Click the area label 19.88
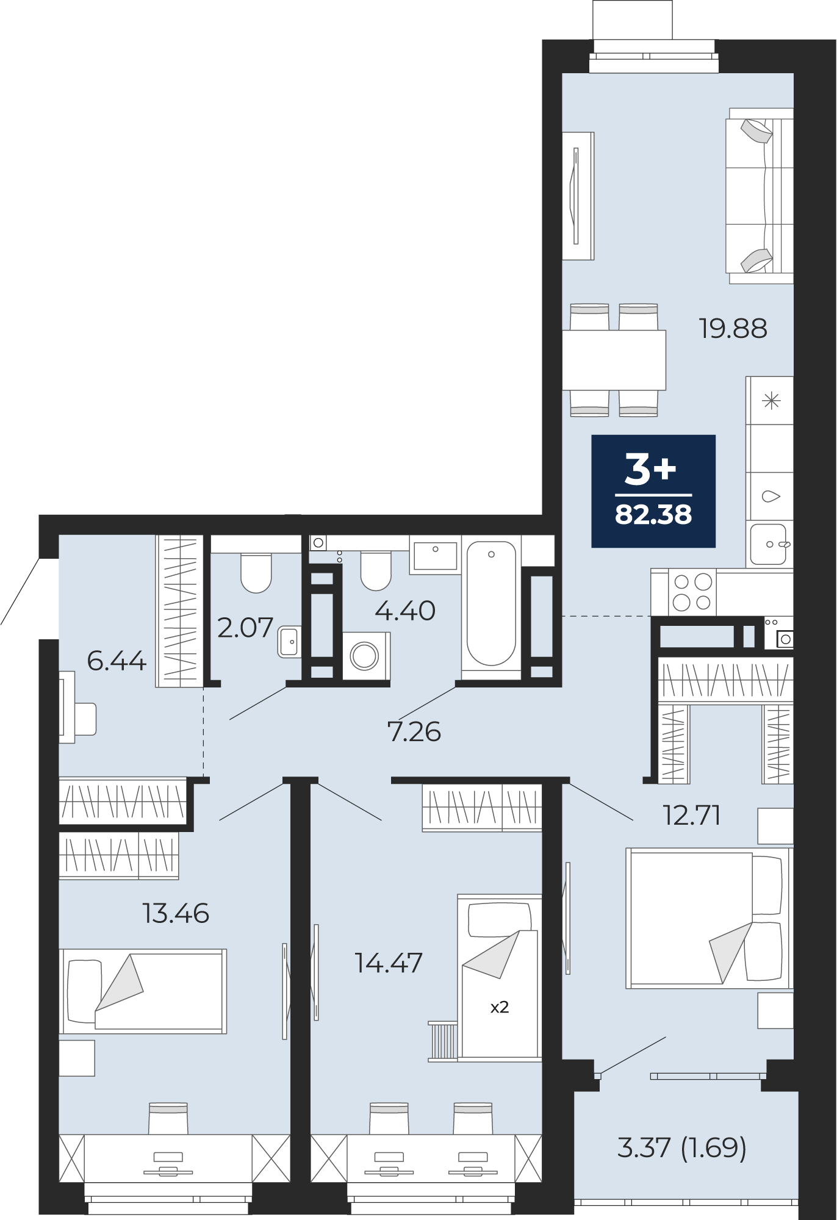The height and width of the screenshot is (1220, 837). [733, 329]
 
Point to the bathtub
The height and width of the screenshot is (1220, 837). [491, 604]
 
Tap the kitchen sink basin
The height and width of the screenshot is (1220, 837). [768, 544]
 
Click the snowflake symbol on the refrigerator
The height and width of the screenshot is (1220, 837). [772, 401]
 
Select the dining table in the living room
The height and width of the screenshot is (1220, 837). [614, 361]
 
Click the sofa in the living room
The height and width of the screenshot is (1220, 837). [760, 195]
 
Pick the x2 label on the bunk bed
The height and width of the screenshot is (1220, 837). [500, 1007]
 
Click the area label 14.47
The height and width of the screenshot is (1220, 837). [389, 963]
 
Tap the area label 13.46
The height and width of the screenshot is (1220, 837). [176, 913]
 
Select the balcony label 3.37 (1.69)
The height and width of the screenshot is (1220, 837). [681, 1148]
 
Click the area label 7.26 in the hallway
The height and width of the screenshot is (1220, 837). [414, 731]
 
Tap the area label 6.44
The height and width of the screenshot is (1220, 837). [117, 661]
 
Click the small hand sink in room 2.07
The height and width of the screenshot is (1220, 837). [288, 642]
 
